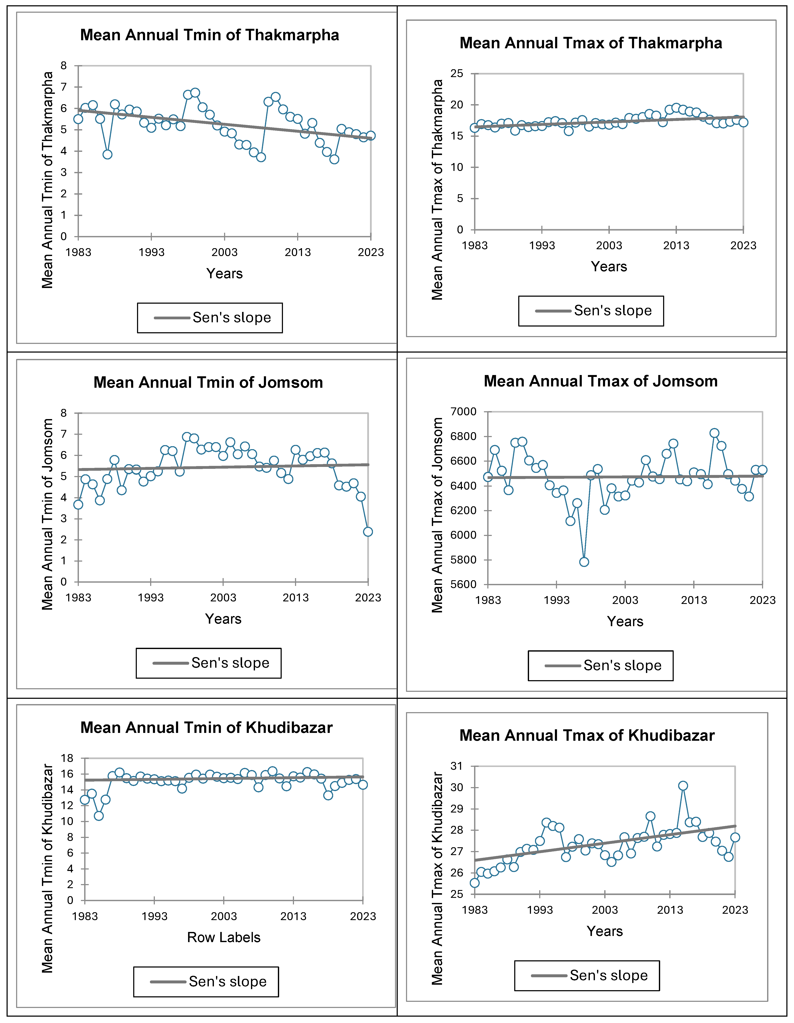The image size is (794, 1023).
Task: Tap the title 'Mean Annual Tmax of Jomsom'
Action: pyautogui.click(x=601, y=381)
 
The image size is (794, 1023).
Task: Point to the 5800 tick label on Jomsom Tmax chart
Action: pyautogui.click(x=463, y=560)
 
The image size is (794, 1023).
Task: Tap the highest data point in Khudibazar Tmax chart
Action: pyautogui.click(x=683, y=786)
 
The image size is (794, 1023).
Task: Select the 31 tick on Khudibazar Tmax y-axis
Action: pyautogui.click(x=456, y=766)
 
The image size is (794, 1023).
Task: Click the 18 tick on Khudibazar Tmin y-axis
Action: pyautogui.click(x=67, y=758)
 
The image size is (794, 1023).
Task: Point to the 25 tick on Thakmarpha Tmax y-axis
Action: pyautogui.click(x=457, y=73)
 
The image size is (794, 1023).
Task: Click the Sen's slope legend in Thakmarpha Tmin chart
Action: pyautogui.click(x=210, y=318)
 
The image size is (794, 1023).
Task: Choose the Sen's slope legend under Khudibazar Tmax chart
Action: pyautogui.click(x=587, y=976)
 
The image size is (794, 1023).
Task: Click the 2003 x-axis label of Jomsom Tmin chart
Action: pyautogui.click(x=223, y=598)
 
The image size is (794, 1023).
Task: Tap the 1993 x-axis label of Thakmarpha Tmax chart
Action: pyautogui.click(x=542, y=245)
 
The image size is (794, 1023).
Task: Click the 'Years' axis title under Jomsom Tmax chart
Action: pyautogui.click(x=625, y=622)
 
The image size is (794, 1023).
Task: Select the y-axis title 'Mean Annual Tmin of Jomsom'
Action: pyautogui.click(x=47, y=514)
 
